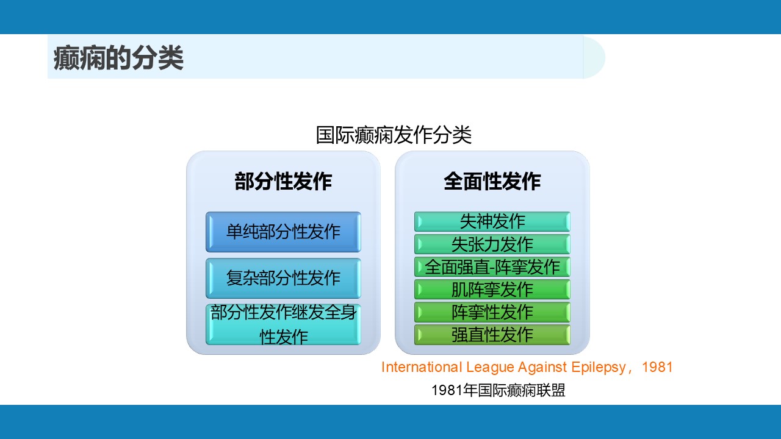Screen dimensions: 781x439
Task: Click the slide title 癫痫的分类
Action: point(118,58)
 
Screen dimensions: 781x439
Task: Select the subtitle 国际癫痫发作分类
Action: point(394,135)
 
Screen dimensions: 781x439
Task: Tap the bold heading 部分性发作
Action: point(283,181)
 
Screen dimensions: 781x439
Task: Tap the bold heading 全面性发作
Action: point(492,181)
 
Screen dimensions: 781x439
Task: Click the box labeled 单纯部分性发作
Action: point(283,232)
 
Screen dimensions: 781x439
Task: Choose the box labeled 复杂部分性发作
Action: point(283,279)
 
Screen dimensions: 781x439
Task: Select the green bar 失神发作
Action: point(492,221)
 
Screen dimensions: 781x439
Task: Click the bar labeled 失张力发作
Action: point(492,244)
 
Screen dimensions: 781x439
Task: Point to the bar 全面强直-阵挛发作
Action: point(492,267)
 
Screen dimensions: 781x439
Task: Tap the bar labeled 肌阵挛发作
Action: point(492,290)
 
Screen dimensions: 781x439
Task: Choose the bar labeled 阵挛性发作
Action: point(492,312)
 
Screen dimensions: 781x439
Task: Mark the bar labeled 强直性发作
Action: point(492,335)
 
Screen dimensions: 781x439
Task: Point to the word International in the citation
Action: point(422,367)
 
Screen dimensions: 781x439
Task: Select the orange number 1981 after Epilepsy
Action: point(657,367)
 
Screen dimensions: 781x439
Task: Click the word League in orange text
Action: point(490,368)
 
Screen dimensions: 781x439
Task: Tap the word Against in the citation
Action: point(542,368)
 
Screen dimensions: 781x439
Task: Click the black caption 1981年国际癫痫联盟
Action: point(498,390)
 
